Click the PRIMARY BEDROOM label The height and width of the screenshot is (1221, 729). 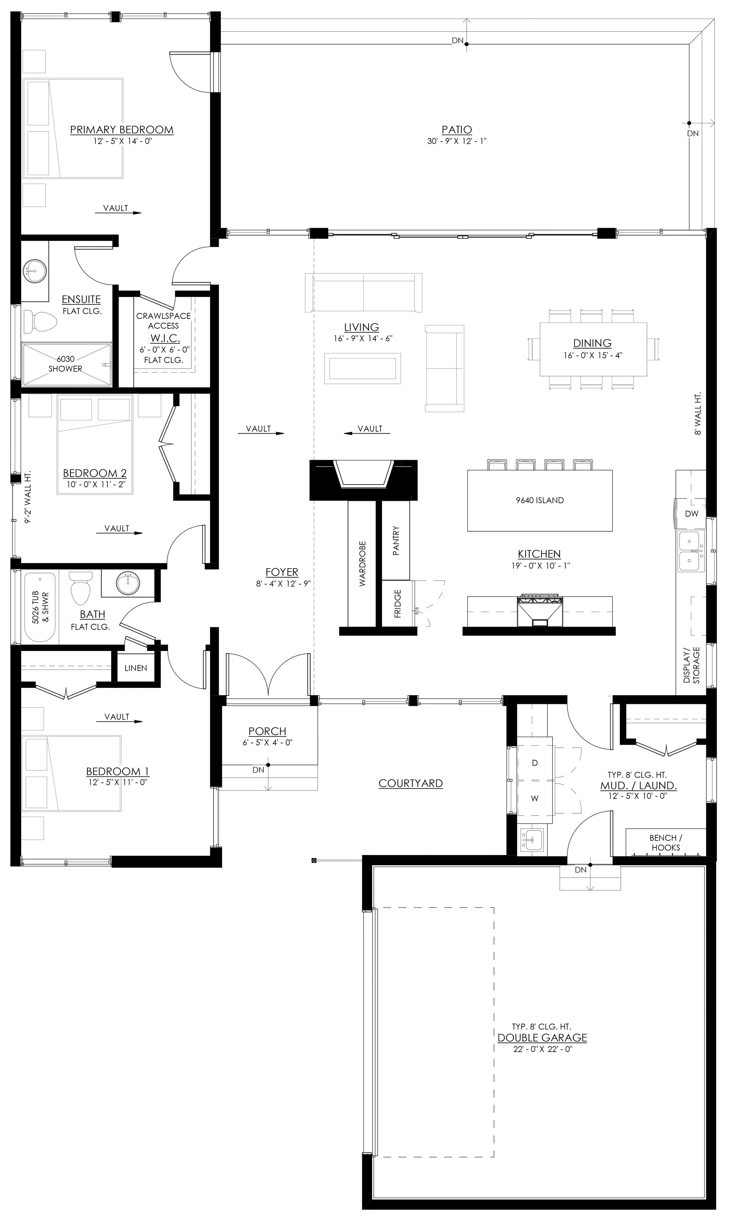point(121,130)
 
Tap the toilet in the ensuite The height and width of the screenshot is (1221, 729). point(40,321)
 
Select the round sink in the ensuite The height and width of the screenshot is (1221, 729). point(34,271)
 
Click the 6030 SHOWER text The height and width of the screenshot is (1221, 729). point(65,364)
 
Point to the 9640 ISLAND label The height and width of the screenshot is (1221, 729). point(539,500)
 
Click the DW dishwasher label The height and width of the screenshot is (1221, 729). point(691,513)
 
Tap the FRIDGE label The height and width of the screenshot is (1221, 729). point(397,603)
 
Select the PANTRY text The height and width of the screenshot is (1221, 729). point(396,541)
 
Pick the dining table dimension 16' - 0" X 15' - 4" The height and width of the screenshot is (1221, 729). point(592,355)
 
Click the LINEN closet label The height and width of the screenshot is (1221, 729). point(136,668)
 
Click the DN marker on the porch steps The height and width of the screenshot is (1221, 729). point(258,770)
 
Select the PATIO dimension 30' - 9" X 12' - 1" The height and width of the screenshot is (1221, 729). point(456,141)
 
